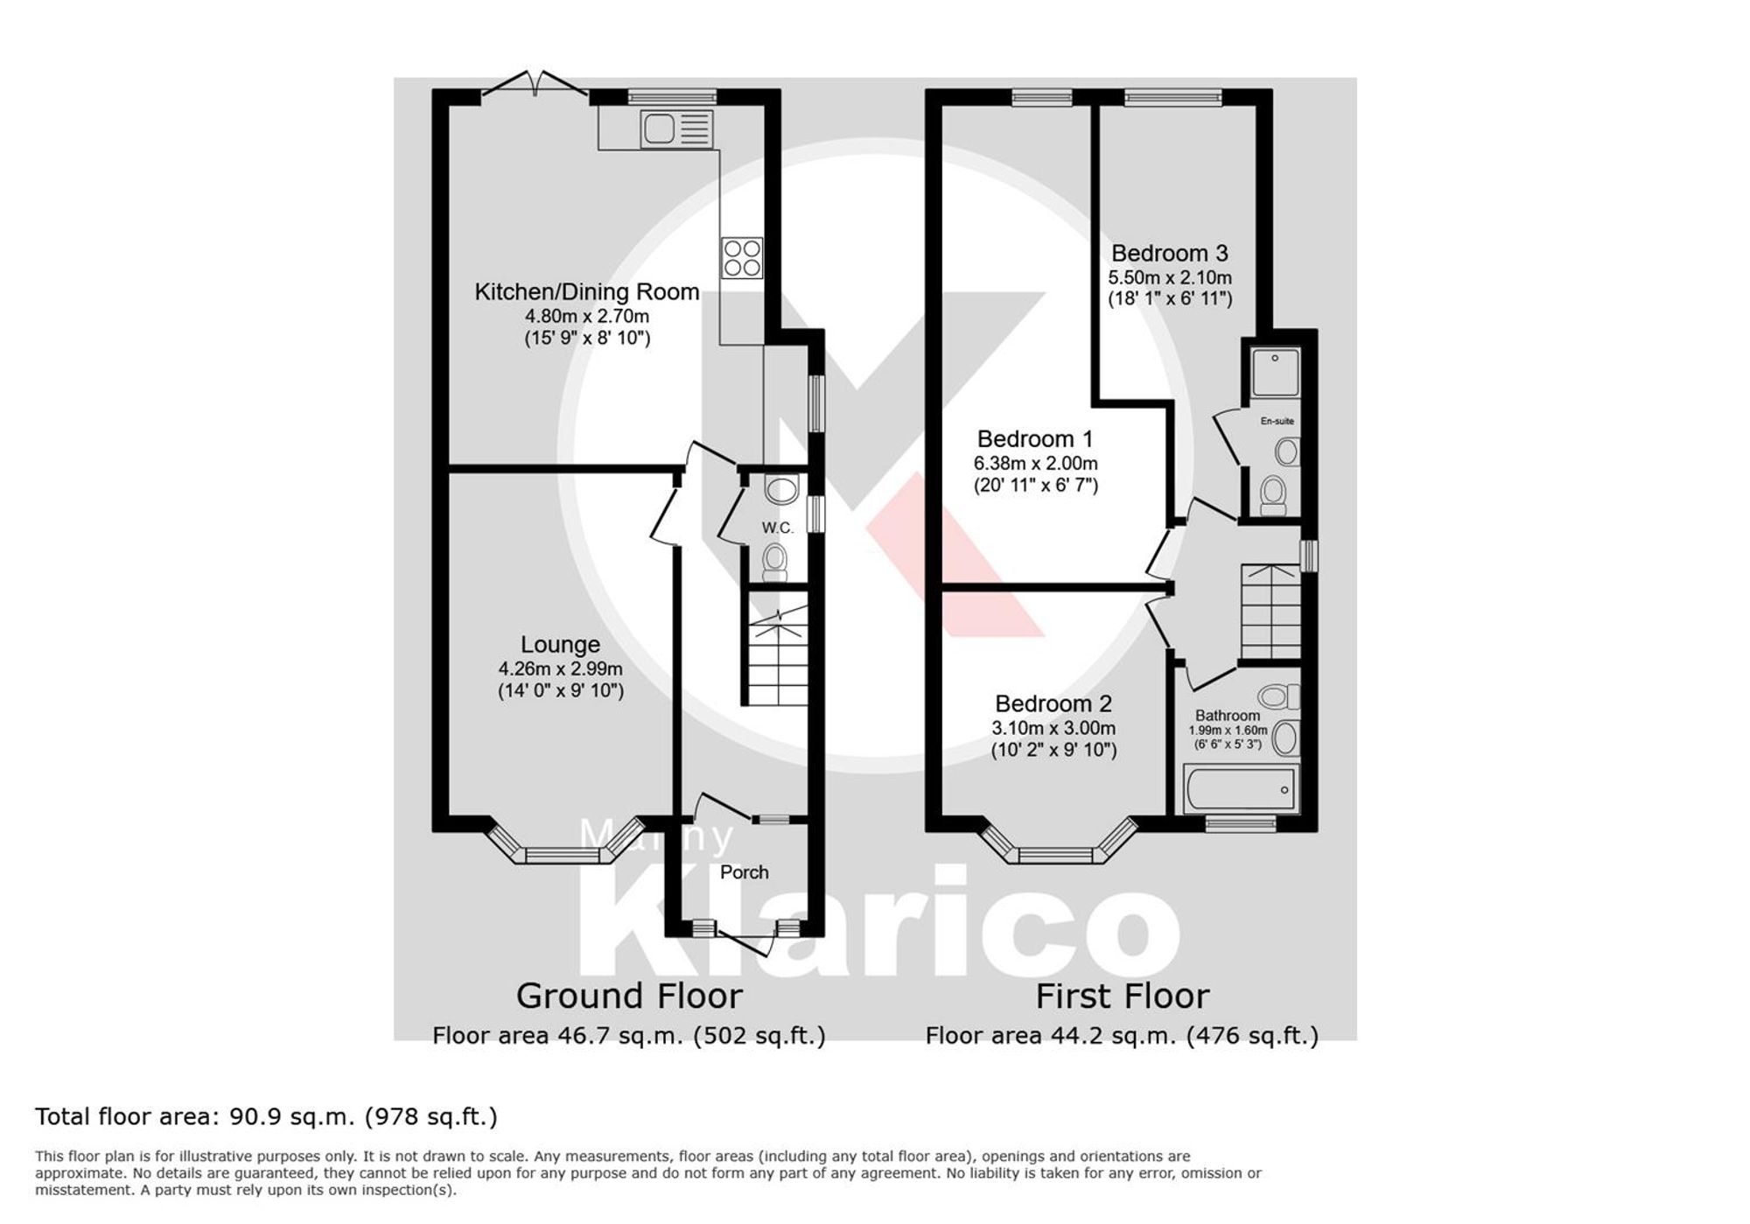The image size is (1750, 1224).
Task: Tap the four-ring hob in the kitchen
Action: pos(742,258)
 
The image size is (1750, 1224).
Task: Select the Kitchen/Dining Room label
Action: pos(586,292)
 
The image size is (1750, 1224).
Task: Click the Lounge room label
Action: pos(560,645)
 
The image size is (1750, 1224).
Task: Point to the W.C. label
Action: pos(777,528)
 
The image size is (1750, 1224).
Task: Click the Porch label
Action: pos(744,872)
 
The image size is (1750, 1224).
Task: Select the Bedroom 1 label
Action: pos(1034,439)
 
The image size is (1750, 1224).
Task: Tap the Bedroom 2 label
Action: pos(1053,704)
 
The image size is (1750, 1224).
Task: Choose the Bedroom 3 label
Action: pos(1169,254)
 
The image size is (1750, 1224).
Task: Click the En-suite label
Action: pos(1277,421)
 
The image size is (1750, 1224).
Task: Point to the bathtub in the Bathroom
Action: pos(1240,789)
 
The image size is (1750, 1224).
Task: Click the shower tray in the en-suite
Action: pos(1275,372)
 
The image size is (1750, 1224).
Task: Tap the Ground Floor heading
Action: pos(629,996)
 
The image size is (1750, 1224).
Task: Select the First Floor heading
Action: pos(1122,996)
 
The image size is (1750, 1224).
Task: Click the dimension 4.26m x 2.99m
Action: pos(560,669)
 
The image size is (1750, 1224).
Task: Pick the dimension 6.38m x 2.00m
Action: pos(1035,464)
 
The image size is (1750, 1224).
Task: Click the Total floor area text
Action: pos(266,1116)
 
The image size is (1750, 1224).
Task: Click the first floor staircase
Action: pos(1270,612)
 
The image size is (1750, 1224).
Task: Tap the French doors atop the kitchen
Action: pos(535,85)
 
